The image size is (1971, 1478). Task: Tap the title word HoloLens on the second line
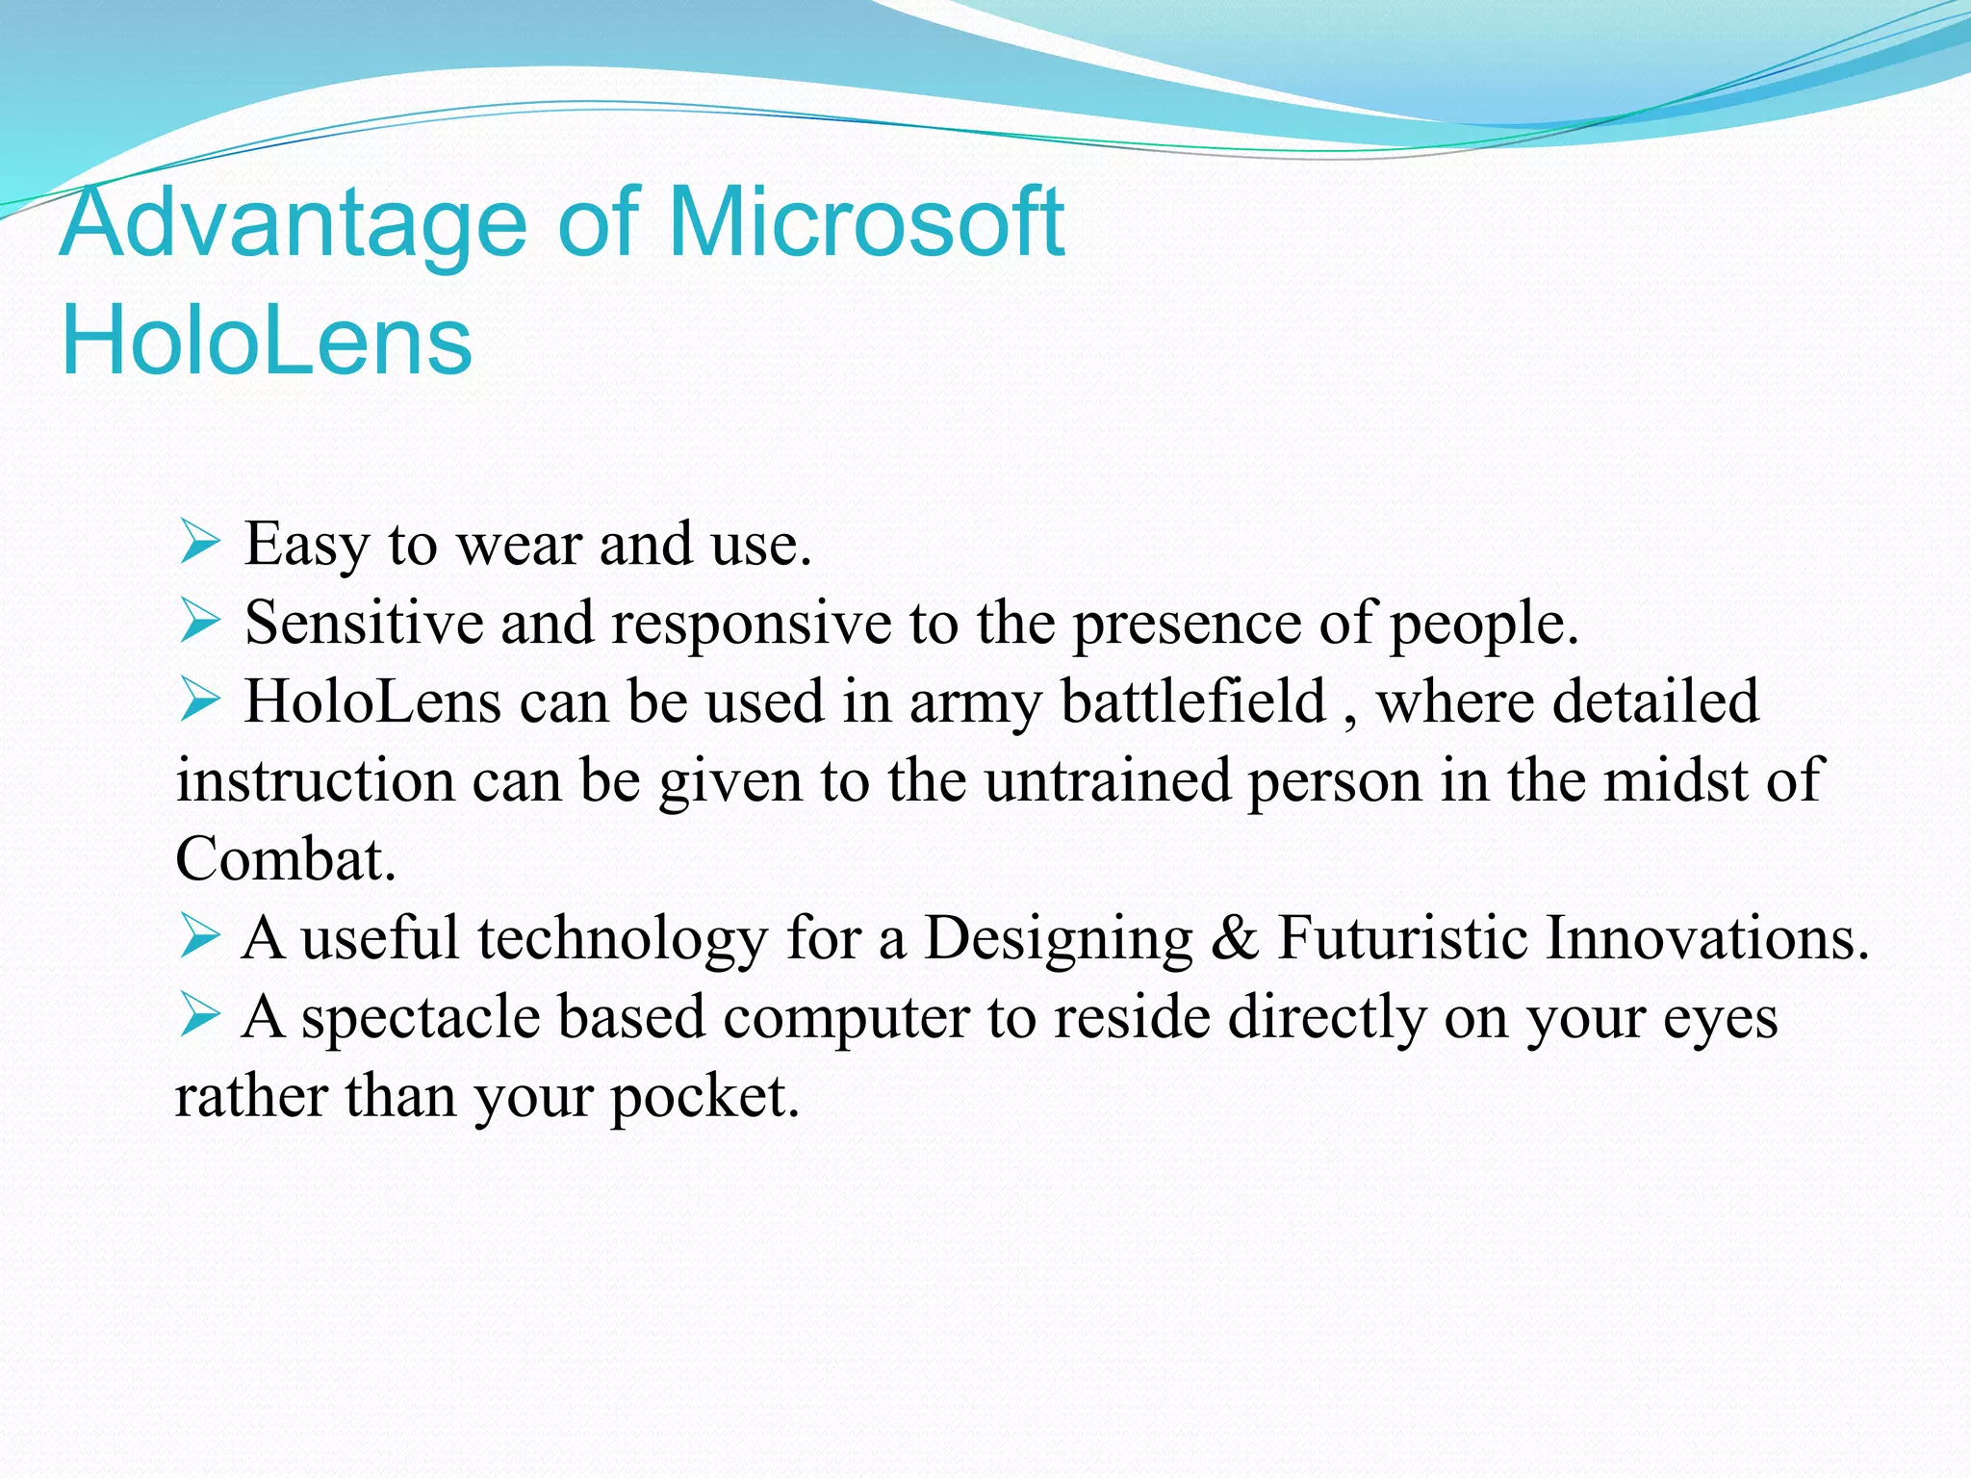[x=267, y=340]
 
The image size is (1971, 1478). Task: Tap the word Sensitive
[x=364, y=623]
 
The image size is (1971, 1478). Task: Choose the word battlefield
[x=1193, y=701]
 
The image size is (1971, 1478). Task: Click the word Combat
[x=285, y=859]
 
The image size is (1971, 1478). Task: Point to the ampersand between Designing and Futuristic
[x=1235, y=938]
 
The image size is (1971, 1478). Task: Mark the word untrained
[x=1108, y=780]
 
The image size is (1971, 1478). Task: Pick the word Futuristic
[x=1402, y=938]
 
